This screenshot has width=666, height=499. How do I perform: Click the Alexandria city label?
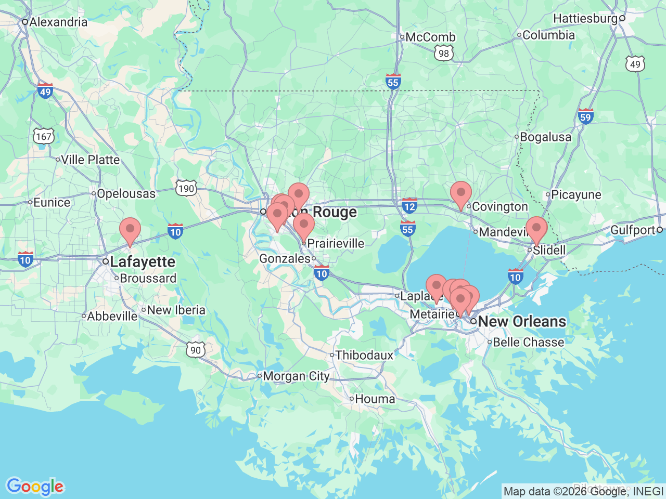[x=58, y=22]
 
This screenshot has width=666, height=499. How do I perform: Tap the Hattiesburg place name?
[x=585, y=19]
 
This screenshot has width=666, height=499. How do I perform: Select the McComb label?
[x=430, y=37]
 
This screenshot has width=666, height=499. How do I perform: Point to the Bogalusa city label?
[x=545, y=137]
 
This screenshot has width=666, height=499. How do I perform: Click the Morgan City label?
[x=296, y=376]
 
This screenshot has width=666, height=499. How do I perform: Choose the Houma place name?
[x=375, y=399]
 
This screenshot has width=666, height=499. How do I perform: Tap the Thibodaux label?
[x=364, y=356]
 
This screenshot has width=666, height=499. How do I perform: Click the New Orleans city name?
[x=521, y=322]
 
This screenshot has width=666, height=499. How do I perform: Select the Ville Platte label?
[x=90, y=160]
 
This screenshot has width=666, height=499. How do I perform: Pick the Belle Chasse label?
[x=528, y=343]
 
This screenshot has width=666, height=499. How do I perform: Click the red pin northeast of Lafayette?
[x=130, y=231]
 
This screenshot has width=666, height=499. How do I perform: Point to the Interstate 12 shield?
[x=409, y=206]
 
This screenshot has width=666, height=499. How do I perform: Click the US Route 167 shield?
[x=44, y=137]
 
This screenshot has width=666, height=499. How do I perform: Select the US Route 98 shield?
[x=443, y=53]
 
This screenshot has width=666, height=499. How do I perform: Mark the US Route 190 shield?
[x=186, y=188]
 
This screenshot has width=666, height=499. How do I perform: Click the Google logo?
[x=35, y=487]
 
